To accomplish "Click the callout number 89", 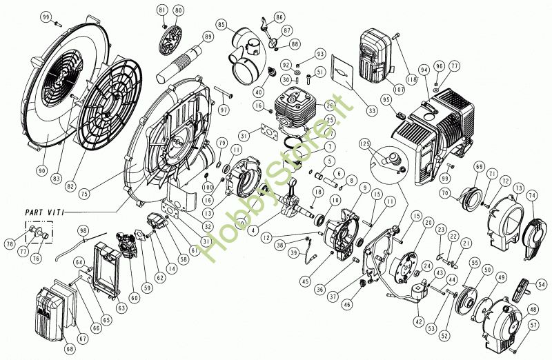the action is (x=208, y=36).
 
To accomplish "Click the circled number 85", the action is (x=221, y=25).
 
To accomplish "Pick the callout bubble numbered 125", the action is (x=365, y=143).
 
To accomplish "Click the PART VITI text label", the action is (x=43, y=212).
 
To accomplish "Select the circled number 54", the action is (x=542, y=282).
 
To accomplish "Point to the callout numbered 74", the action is (x=532, y=196).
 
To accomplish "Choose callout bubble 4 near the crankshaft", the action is (x=255, y=230).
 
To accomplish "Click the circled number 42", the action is (x=419, y=321).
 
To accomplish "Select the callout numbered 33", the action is (x=372, y=109).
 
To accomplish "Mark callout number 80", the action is (x=179, y=10).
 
